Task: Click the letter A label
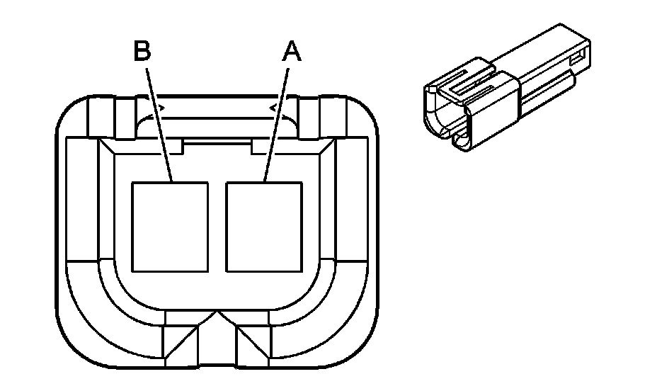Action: tap(291, 52)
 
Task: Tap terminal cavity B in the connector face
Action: tap(169, 227)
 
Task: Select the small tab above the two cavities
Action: tap(217, 145)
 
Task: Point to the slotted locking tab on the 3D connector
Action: tap(467, 81)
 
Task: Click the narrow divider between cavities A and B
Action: tap(217, 227)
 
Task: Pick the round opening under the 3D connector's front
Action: tap(461, 142)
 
